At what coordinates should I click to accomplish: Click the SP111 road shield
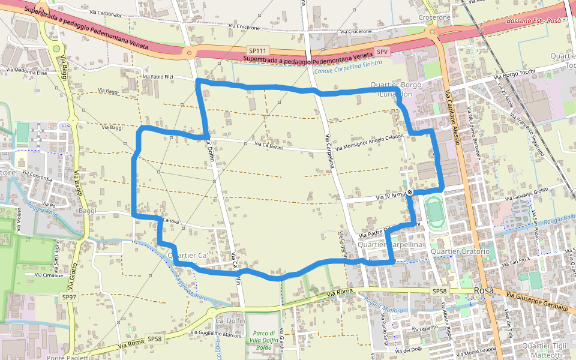click(258, 51)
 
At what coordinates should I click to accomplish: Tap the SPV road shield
click(382, 52)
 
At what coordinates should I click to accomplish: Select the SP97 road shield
click(70, 297)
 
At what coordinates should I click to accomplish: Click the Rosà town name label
click(484, 290)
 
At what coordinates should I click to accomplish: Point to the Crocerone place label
click(434, 17)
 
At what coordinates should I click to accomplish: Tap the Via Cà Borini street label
click(268, 145)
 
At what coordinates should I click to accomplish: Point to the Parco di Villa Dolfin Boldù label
click(264, 340)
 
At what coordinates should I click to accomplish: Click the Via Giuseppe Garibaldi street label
click(536, 300)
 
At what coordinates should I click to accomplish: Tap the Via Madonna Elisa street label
click(26, 71)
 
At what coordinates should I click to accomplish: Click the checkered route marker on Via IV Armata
click(410, 192)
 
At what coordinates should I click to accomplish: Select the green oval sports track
click(434, 212)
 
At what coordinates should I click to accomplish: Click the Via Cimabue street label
click(49, 275)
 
